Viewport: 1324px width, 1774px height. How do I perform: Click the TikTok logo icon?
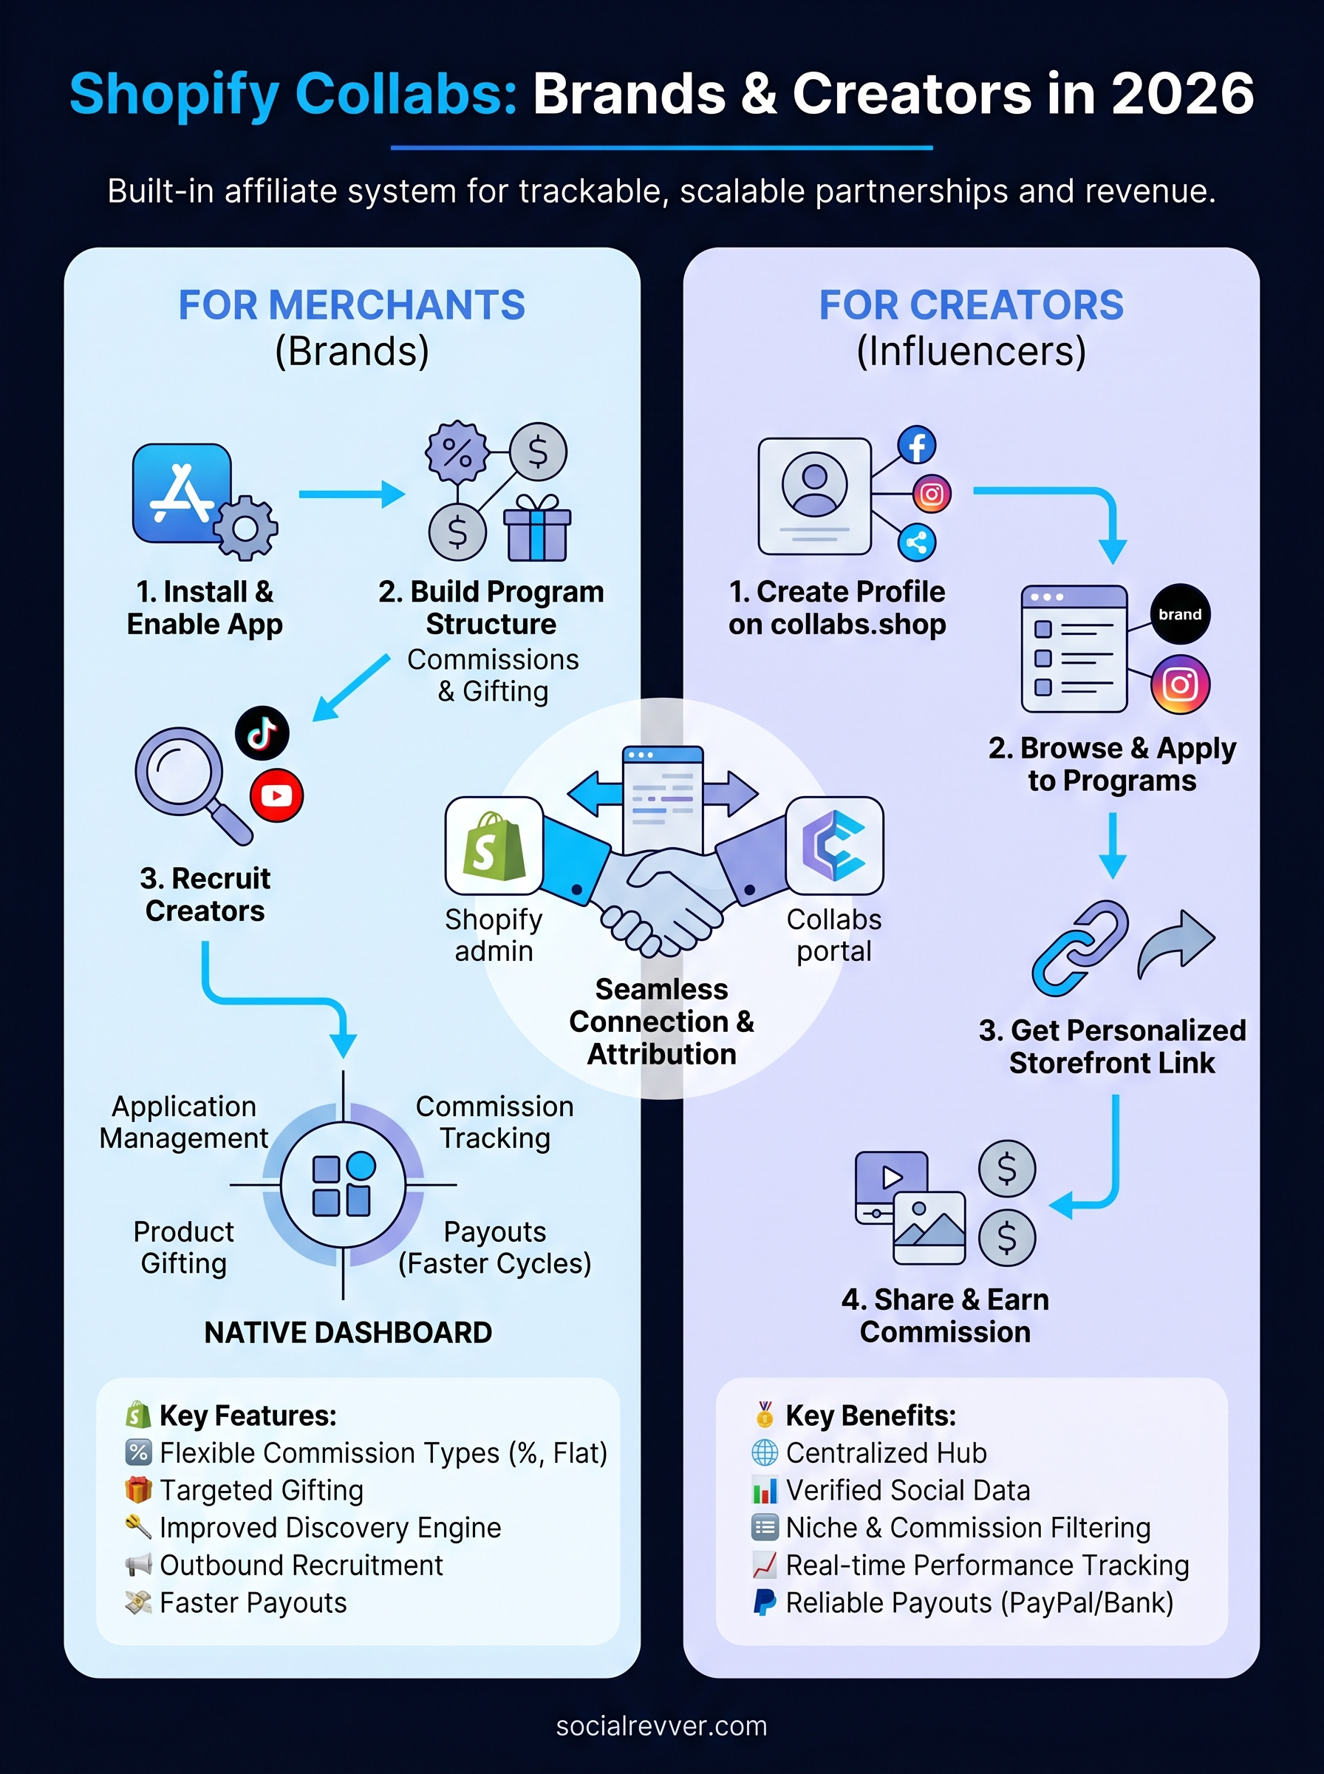pyautogui.click(x=262, y=733)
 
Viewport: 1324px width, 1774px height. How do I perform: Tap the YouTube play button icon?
pyautogui.click(x=276, y=795)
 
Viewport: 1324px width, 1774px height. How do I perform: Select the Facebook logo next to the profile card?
pyautogui.click(x=916, y=445)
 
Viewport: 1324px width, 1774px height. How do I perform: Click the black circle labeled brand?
pyautogui.click(x=1180, y=614)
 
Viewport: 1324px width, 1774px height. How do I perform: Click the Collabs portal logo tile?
pyautogui.click(x=834, y=845)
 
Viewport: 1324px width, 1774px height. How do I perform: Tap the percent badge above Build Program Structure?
pyautogui.click(x=457, y=453)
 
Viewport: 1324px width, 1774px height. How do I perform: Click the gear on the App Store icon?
pyautogui.click(x=245, y=529)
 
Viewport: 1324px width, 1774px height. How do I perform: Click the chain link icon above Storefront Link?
pyautogui.click(x=1080, y=948)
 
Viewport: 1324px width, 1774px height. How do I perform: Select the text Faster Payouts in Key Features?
pyautogui.click(x=253, y=1603)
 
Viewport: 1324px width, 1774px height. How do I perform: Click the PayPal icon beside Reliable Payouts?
pyautogui.click(x=765, y=1603)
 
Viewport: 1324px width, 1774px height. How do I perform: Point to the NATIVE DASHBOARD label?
pyautogui.click(x=348, y=1332)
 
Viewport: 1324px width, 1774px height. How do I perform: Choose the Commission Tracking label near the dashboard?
pyautogui.click(x=494, y=1121)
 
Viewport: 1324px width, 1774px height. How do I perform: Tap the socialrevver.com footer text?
pyautogui.click(x=661, y=1725)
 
